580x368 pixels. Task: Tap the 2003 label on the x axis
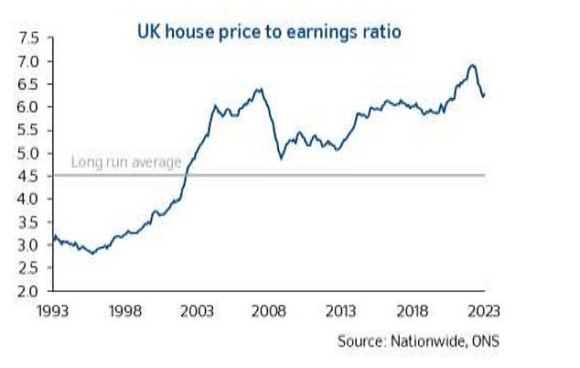click(206, 310)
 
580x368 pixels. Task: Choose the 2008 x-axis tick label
click(279, 310)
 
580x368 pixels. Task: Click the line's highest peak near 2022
click(471, 65)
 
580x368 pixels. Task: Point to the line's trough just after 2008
click(281, 158)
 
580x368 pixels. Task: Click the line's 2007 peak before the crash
click(261, 89)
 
